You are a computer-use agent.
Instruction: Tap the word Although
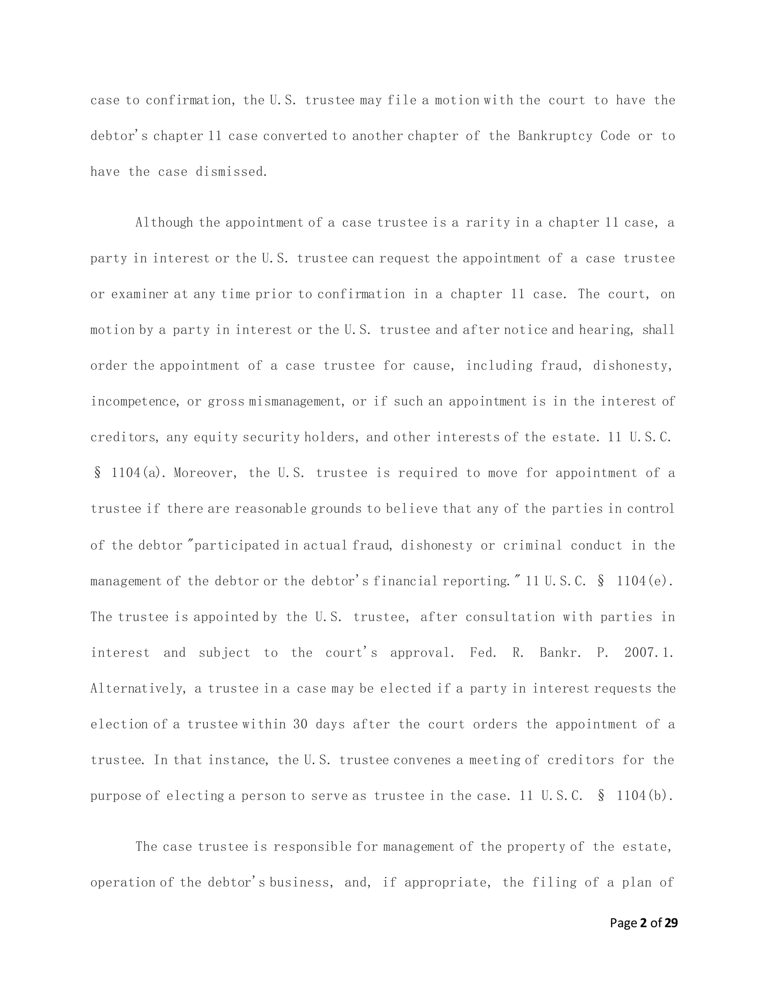164,223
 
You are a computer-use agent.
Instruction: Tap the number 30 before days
300,724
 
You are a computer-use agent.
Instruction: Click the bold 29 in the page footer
671,923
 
